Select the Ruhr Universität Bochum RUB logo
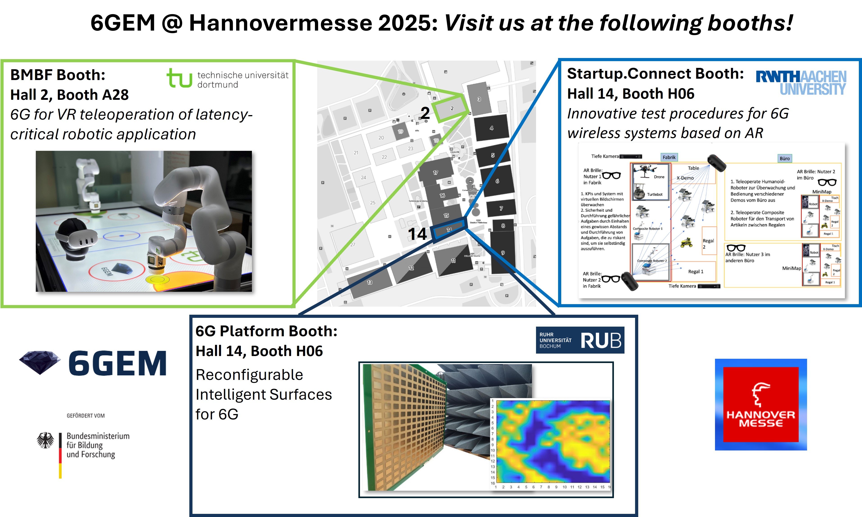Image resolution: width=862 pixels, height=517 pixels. (580, 340)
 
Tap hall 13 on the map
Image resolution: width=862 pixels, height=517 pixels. (370, 282)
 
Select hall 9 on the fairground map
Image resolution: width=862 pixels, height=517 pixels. (503, 253)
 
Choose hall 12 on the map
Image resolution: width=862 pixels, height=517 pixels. (411, 268)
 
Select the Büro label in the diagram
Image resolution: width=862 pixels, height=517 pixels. (785, 158)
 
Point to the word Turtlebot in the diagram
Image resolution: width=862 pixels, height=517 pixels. (654, 194)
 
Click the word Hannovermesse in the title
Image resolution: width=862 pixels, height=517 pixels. (281, 23)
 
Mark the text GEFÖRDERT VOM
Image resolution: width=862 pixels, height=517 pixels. (86, 416)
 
